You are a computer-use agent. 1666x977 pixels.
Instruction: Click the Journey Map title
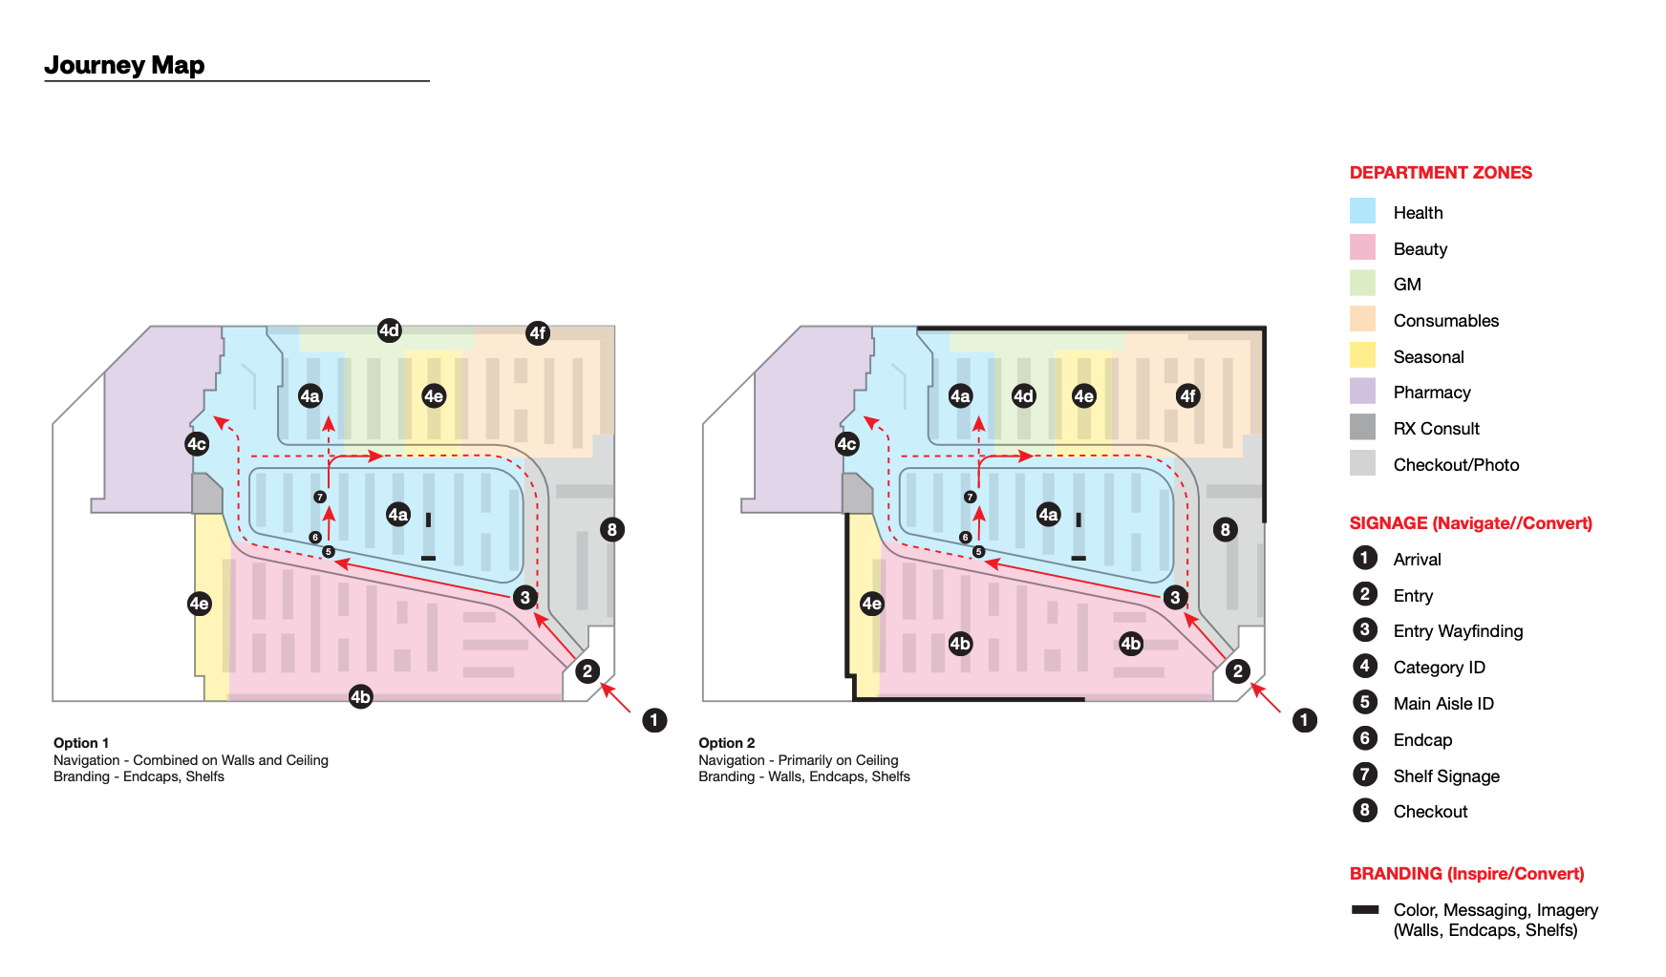(124, 65)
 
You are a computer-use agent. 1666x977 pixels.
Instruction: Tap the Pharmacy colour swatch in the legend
(1362, 392)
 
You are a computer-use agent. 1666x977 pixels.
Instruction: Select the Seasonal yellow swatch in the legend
(1362, 355)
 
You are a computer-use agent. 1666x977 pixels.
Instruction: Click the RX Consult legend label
(1436, 429)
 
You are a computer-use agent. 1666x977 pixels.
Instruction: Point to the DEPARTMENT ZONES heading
(1440, 173)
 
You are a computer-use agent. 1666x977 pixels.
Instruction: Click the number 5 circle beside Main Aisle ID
(1364, 702)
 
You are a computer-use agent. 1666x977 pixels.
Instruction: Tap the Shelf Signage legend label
(1445, 776)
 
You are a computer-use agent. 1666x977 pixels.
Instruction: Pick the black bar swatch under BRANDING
(1364, 910)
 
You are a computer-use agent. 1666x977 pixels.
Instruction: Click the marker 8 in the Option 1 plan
(612, 529)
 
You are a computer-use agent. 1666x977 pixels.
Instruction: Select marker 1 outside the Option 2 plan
(1305, 720)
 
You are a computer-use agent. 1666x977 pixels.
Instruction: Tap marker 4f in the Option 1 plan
(538, 332)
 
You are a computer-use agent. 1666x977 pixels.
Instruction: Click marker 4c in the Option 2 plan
(846, 444)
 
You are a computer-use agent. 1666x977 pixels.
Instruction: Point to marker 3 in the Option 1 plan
(524, 598)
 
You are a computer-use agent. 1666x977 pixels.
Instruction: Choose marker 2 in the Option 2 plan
(1238, 671)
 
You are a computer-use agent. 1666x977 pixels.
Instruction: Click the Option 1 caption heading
(81, 743)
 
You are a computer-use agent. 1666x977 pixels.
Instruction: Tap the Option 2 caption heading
(726, 743)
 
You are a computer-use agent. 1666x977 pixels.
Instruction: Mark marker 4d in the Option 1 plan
(389, 330)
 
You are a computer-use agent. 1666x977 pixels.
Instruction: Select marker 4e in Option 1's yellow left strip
(199, 604)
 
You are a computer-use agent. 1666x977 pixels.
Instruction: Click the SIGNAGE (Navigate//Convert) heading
(1470, 523)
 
